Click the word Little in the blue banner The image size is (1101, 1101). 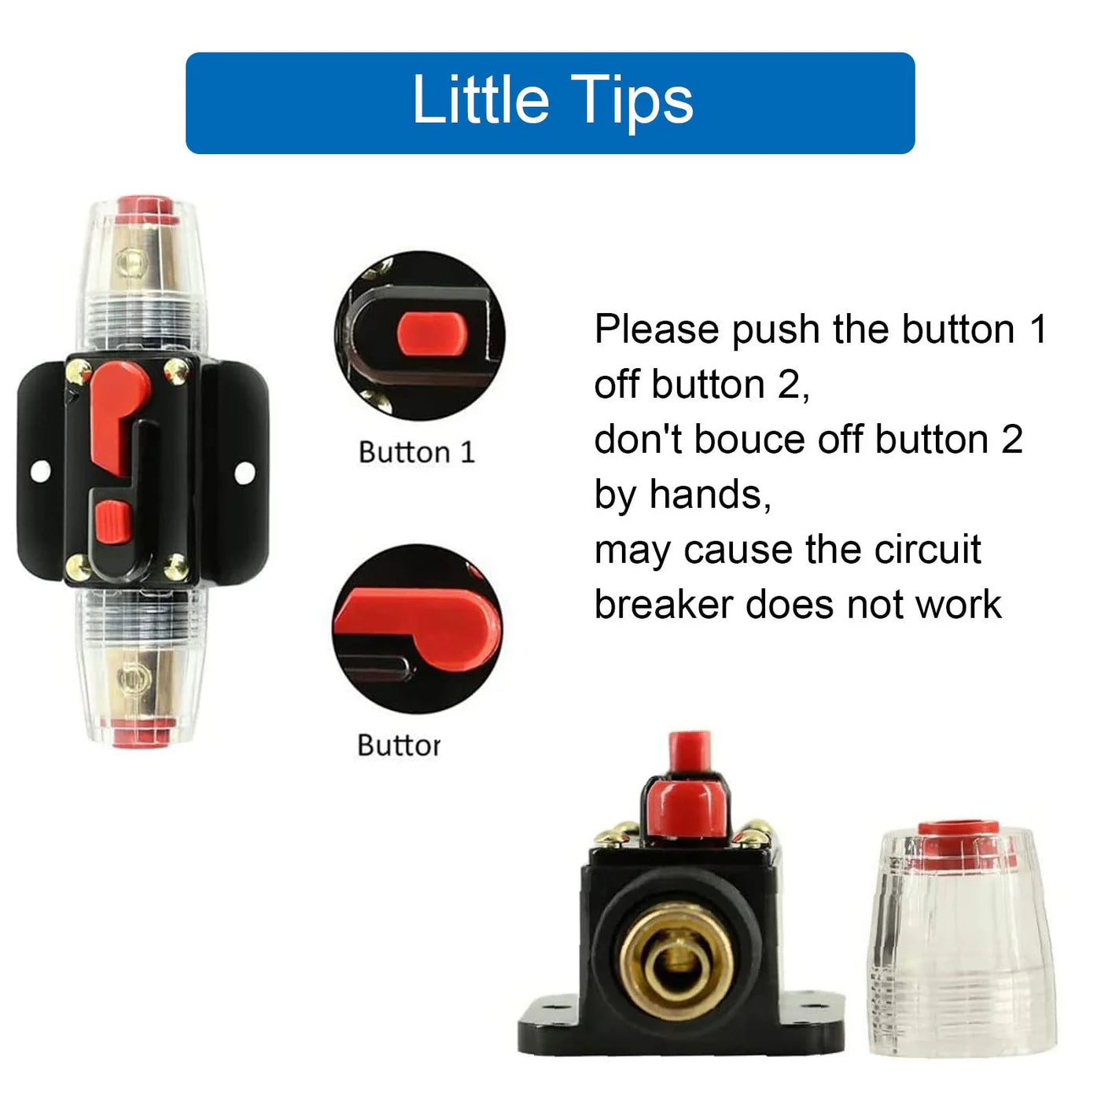click(x=480, y=100)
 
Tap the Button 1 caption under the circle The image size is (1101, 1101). click(x=417, y=452)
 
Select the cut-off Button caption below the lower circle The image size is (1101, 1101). click(x=399, y=745)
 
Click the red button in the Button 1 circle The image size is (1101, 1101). click(x=432, y=332)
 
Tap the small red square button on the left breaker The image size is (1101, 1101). click(x=112, y=521)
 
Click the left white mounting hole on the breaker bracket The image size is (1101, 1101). click(x=39, y=471)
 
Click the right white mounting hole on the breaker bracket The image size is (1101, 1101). click(x=245, y=472)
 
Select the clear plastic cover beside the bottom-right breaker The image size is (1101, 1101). click(x=960, y=959)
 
